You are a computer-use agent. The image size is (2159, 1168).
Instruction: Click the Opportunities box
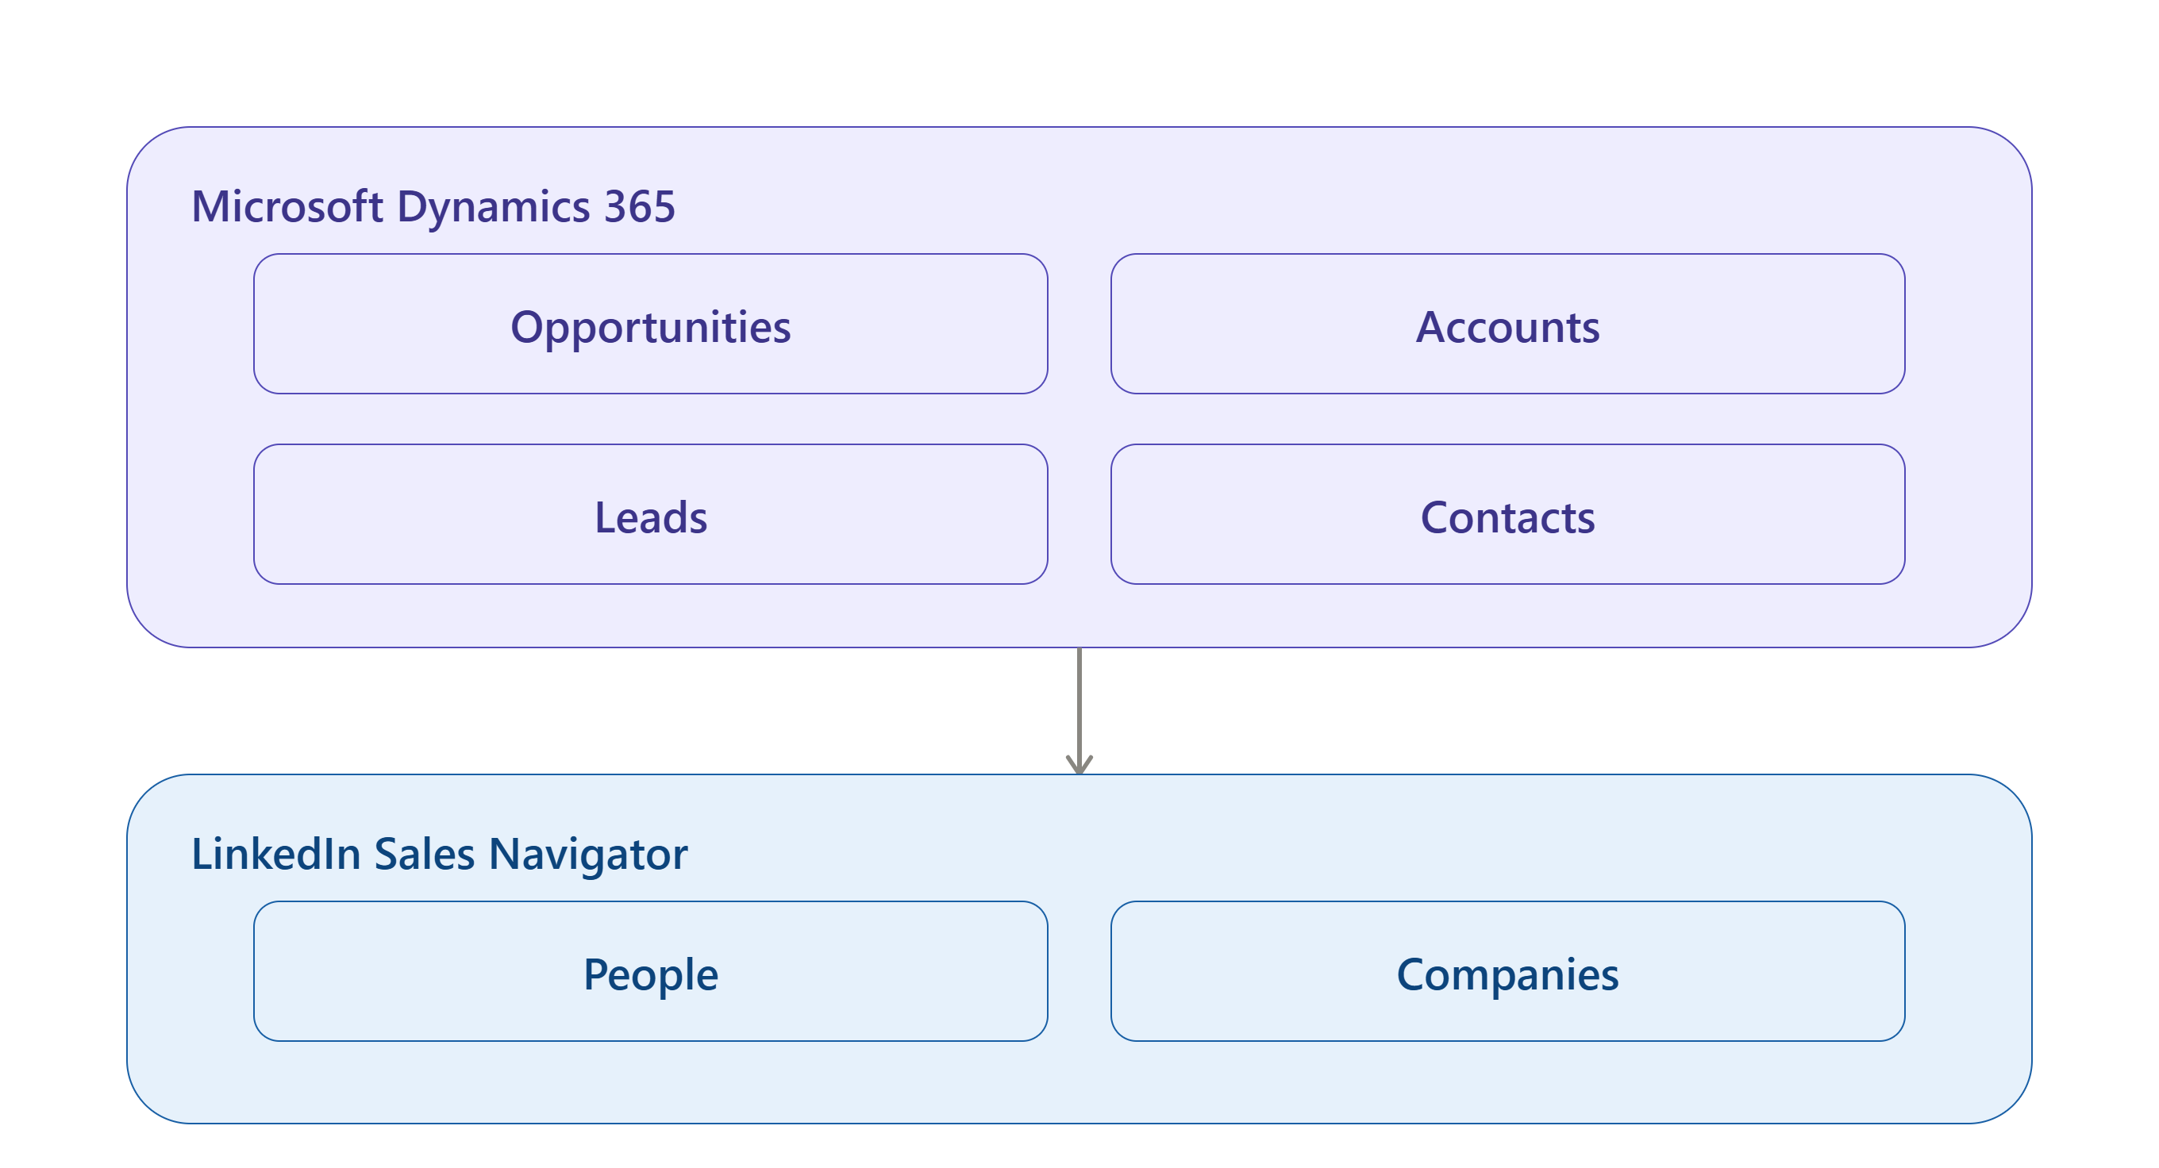(650, 324)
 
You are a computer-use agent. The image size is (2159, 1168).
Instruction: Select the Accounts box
(1508, 324)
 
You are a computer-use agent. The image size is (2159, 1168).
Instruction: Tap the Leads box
(650, 513)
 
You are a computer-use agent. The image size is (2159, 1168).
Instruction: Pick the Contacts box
(1508, 513)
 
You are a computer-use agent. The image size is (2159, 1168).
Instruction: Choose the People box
(650, 971)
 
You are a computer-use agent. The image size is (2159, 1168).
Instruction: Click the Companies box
(1508, 971)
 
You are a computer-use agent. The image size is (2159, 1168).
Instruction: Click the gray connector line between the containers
(1079, 710)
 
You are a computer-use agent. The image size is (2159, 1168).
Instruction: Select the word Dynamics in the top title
(494, 208)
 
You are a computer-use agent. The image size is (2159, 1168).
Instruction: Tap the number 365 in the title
(640, 206)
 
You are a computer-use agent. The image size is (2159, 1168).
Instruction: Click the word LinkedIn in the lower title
(275, 854)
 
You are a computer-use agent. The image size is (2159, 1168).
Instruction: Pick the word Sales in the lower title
(424, 854)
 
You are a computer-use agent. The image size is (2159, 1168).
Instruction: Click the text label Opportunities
(650, 328)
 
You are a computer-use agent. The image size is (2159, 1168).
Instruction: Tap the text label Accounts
(1508, 327)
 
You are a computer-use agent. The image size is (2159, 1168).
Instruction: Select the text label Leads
(650, 517)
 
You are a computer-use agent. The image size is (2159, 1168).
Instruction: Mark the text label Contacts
(1508, 517)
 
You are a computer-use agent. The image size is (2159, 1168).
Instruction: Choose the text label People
(650, 975)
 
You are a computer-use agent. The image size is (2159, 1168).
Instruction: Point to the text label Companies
(1508, 975)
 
